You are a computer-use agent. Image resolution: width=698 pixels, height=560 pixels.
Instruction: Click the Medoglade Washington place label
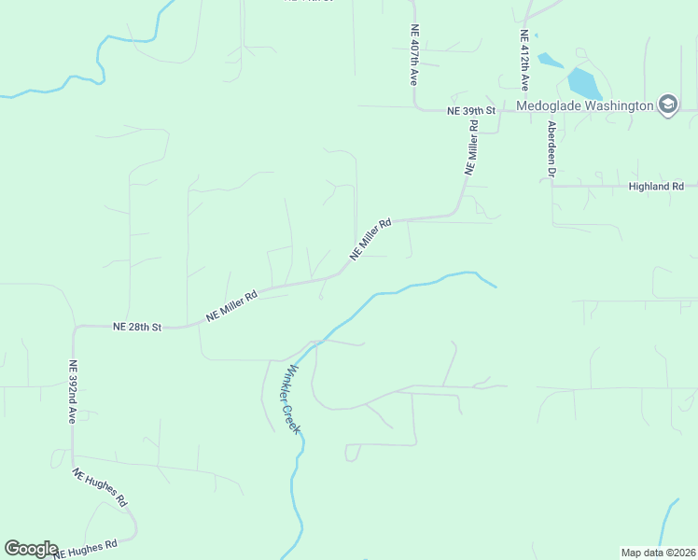pyautogui.click(x=585, y=105)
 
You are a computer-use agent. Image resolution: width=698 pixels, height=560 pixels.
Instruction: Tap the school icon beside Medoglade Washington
pyautogui.click(x=668, y=105)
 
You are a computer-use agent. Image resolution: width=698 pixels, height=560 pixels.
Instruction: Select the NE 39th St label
pyautogui.click(x=468, y=110)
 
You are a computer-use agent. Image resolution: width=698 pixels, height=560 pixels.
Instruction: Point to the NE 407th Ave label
pyautogui.click(x=413, y=55)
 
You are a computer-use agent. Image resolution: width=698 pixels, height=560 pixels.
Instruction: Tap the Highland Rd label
pyautogui.click(x=656, y=187)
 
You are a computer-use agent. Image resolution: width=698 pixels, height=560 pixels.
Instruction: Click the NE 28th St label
pyautogui.click(x=137, y=327)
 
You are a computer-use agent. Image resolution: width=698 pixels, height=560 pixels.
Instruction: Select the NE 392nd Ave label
pyautogui.click(x=72, y=392)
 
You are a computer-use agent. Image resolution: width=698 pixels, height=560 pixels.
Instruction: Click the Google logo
pyautogui.click(x=31, y=549)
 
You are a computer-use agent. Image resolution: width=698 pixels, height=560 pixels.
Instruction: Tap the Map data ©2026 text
pyautogui.click(x=657, y=553)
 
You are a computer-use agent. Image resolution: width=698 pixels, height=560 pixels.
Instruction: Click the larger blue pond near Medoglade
pyautogui.click(x=584, y=84)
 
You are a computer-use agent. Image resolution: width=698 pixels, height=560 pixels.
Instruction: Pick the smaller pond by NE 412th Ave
pyautogui.click(x=551, y=61)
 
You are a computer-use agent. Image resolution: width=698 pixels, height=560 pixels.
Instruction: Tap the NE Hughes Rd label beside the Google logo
pyautogui.click(x=85, y=548)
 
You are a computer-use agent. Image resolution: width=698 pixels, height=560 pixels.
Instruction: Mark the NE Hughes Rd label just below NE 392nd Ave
pyautogui.click(x=100, y=486)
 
